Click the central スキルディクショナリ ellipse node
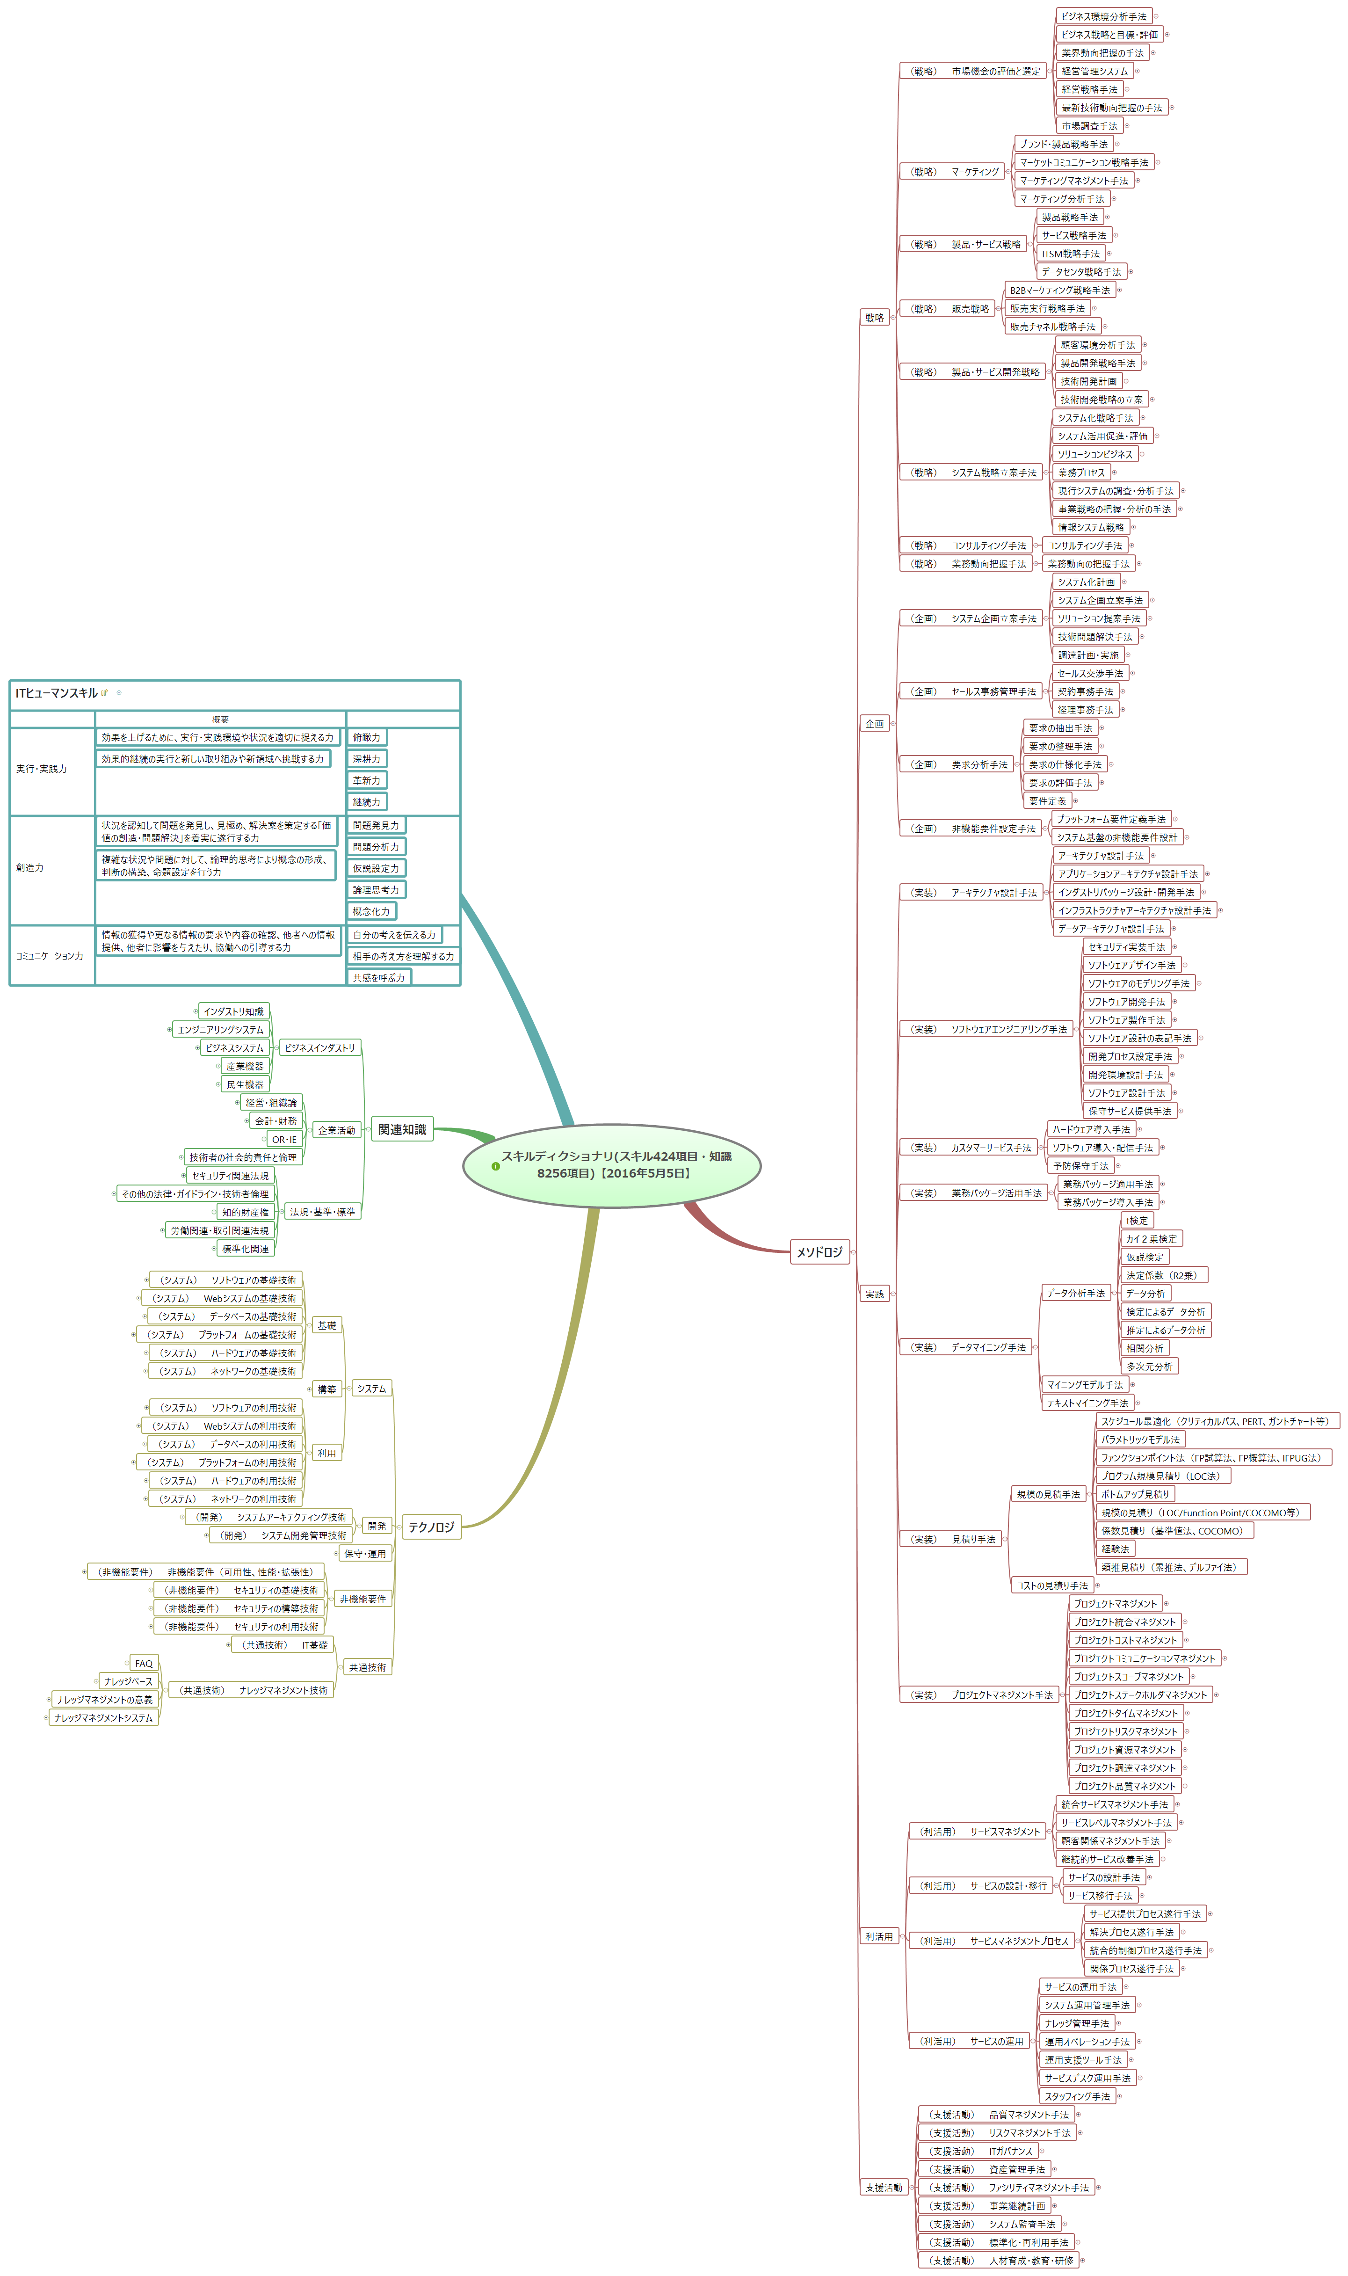pyautogui.click(x=611, y=1165)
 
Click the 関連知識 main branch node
pyautogui.click(x=401, y=1129)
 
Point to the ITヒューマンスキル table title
pyautogui.click(x=56, y=692)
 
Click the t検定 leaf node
pyautogui.click(x=1137, y=1220)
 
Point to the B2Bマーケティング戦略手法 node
pyautogui.click(x=1059, y=290)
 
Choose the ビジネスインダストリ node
pyautogui.click(x=320, y=1047)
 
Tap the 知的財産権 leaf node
pyautogui.click(x=245, y=1212)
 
